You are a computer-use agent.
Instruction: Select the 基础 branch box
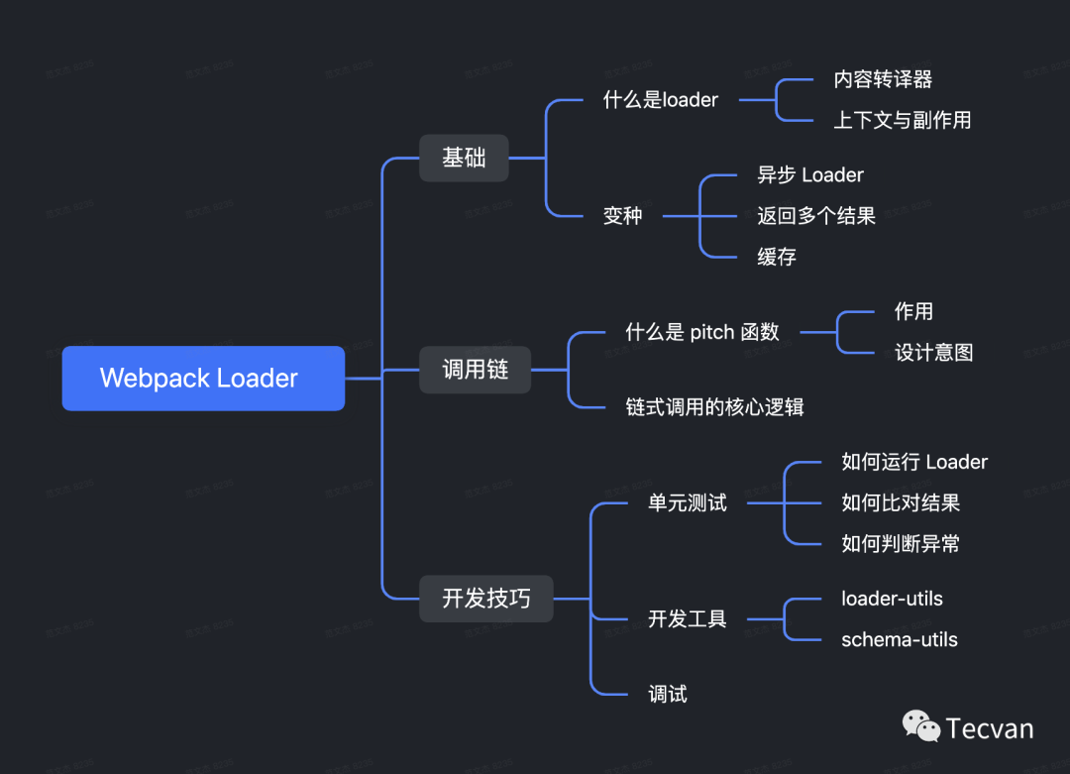[464, 158]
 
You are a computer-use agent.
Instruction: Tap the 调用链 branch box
[475, 370]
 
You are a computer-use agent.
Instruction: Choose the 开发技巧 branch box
[485, 599]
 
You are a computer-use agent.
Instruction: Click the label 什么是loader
[660, 99]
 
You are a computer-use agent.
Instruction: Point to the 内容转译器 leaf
[883, 79]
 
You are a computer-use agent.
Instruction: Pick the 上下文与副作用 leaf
[902, 121]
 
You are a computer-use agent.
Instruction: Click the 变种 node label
[622, 216]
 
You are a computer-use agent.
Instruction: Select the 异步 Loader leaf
[810, 175]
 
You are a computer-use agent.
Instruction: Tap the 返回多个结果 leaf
[816, 216]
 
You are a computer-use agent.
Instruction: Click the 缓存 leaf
[777, 257]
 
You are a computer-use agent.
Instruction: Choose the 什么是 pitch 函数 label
[702, 332]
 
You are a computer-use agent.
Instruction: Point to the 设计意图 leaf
[933, 352]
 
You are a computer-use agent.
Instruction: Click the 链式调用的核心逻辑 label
[714, 406]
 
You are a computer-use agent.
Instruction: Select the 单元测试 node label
[688, 503]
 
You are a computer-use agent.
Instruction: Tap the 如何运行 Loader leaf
[914, 462]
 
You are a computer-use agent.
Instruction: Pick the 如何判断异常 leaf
[901, 543]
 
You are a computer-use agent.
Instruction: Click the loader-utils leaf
[892, 599]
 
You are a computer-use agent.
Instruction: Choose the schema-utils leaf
[900, 639]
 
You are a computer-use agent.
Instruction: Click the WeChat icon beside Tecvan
[920, 726]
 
